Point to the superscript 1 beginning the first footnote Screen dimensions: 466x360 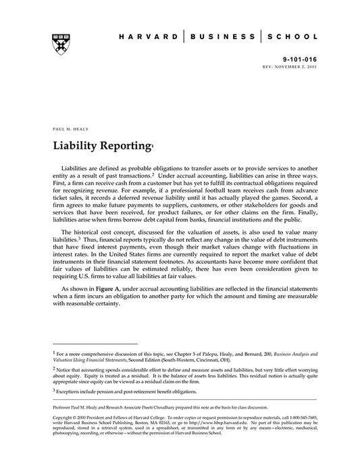click(x=53, y=352)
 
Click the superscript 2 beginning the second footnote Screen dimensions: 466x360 click(x=53, y=369)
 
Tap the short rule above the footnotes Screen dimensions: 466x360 click(x=95, y=344)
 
